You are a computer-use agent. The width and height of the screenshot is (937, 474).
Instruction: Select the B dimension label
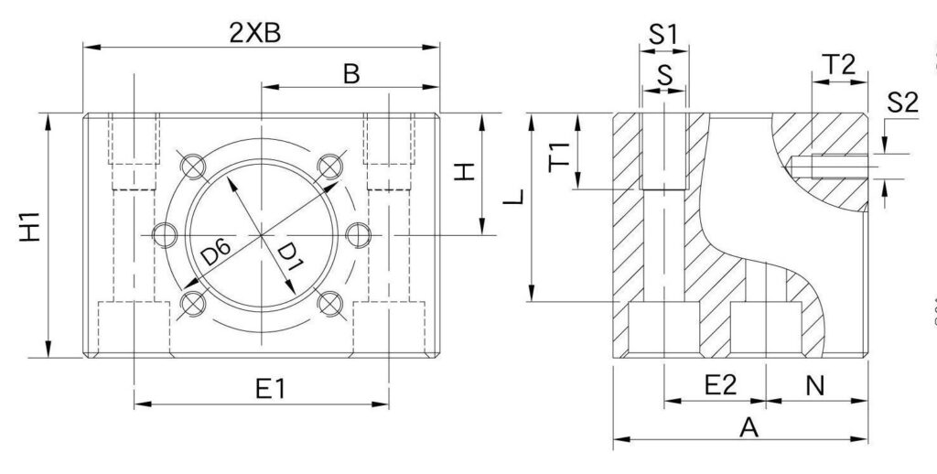351,74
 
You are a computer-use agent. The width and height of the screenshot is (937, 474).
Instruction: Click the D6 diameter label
216,253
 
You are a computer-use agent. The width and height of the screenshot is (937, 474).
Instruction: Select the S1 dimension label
663,35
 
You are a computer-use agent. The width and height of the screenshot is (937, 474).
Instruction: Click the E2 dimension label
721,385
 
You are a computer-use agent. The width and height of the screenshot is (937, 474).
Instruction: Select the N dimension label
814,385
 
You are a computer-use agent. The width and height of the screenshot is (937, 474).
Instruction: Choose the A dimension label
749,426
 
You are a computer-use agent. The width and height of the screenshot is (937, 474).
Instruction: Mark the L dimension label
517,196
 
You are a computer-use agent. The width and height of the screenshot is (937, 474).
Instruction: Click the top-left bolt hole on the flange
192,167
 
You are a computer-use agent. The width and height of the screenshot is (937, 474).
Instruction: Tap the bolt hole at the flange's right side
358,235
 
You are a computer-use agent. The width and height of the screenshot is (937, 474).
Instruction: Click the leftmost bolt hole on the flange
164,235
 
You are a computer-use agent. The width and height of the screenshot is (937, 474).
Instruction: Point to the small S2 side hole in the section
828,166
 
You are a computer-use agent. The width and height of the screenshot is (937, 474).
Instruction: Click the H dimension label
466,171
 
